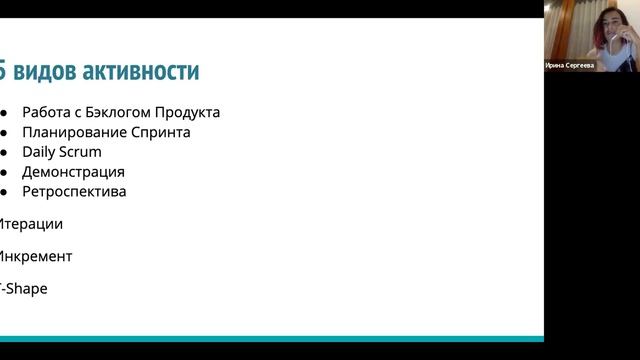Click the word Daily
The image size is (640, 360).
(x=39, y=152)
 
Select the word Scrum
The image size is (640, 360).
(x=81, y=152)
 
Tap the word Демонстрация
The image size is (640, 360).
(x=73, y=172)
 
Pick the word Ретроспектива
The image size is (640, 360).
(x=74, y=191)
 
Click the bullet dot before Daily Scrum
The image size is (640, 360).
(x=4, y=152)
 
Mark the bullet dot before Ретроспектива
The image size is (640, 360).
(x=4, y=192)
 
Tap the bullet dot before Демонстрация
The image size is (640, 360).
(x=4, y=172)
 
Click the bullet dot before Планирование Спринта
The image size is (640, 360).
(x=4, y=132)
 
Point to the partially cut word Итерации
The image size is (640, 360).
(x=30, y=224)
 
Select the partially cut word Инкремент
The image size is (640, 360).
(x=35, y=256)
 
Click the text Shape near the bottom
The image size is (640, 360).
(x=26, y=288)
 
